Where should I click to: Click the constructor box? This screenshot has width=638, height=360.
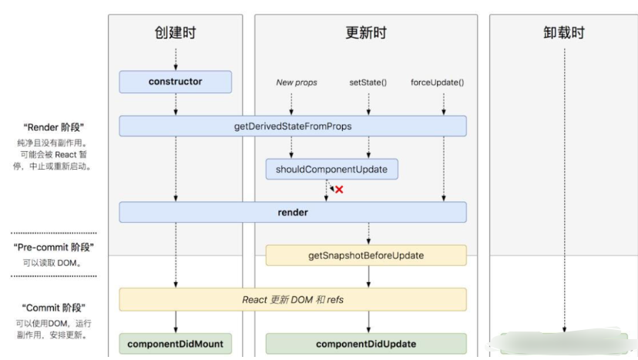[x=175, y=82]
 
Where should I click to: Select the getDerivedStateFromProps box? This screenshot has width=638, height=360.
[x=292, y=126]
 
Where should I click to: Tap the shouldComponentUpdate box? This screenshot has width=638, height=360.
[x=331, y=169]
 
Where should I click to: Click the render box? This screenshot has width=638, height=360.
[x=292, y=212]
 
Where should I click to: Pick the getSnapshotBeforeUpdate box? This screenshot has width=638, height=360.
[x=366, y=255]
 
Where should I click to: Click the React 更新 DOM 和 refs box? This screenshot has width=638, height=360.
[x=292, y=299]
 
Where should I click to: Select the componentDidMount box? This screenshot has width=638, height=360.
[x=175, y=344]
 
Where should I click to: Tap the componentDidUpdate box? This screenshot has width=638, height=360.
[x=366, y=344]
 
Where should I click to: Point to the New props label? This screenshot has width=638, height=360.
[x=297, y=82]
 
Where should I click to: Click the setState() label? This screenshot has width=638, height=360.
[x=368, y=82]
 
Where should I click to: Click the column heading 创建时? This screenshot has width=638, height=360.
[x=175, y=32]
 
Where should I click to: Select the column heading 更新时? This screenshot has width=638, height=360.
[x=366, y=32]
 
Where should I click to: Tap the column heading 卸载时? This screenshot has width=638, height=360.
[x=563, y=32]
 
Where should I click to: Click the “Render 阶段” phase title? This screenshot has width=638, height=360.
[x=54, y=127]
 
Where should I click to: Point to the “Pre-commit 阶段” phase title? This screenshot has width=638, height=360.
[x=54, y=247]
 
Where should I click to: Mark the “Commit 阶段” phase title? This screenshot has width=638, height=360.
[x=54, y=307]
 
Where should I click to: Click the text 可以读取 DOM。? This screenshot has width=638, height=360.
[x=54, y=263]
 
